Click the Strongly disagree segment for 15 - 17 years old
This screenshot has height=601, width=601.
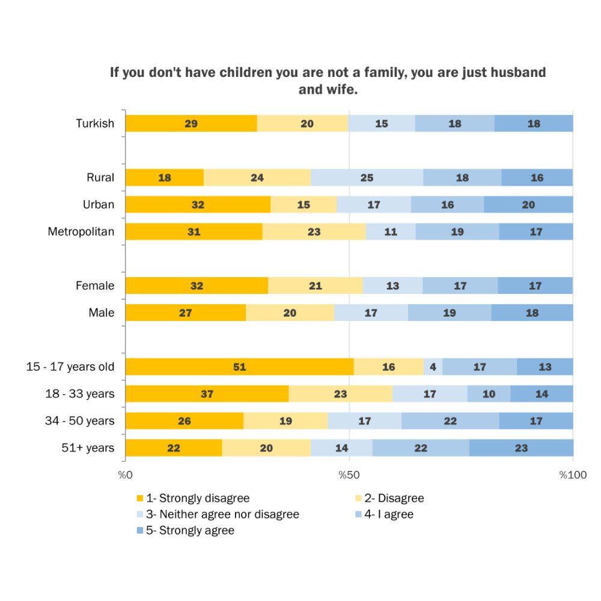coord(239,367)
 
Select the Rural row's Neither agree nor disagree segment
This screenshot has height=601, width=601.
coord(367,178)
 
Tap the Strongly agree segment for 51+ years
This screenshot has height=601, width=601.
coord(521,448)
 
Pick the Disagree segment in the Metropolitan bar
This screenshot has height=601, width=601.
coord(314,232)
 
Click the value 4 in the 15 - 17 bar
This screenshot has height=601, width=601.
coord(433,367)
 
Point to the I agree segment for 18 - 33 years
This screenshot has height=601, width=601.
coord(489,394)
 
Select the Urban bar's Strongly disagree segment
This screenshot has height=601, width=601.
coord(198,205)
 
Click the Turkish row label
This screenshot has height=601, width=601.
coord(95,124)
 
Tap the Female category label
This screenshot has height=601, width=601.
coord(95,286)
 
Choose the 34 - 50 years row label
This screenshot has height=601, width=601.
coord(79,421)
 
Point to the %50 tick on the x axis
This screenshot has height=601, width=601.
coord(349,475)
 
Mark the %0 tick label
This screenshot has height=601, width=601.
coord(125,475)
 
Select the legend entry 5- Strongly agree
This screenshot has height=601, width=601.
coord(189,531)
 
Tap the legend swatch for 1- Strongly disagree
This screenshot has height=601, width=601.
coord(140,499)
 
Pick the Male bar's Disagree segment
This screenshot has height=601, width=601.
coord(290,313)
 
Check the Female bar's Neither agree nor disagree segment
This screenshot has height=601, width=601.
coord(392,286)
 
